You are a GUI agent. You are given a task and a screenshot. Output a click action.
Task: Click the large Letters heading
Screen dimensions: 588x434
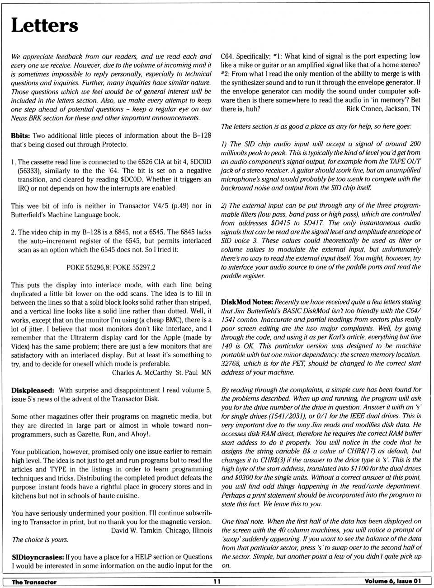(x=44, y=26)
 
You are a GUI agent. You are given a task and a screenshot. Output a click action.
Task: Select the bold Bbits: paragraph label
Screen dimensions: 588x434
(x=20, y=135)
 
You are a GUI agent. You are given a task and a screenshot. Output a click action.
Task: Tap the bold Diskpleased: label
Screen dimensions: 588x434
(x=33, y=390)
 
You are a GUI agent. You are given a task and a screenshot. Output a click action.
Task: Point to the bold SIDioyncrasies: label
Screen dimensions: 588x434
(x=38, y=557)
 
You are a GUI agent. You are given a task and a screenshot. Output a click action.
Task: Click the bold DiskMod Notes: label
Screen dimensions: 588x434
(x=247, y=302)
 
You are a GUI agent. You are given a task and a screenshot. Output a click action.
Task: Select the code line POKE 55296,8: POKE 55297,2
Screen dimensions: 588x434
(x=111, y=267)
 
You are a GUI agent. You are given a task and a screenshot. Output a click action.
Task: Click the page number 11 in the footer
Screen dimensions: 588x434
(x=217, y=582)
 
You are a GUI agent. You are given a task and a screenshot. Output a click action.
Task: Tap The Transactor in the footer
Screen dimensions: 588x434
(x=34, y=582)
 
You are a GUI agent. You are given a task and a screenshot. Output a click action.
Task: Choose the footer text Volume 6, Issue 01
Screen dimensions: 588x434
(x=392, y=582)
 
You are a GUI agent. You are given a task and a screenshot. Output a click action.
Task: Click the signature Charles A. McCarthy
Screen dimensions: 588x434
(x=142, y=373)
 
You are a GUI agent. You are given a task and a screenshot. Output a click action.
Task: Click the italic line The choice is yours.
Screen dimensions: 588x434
(x=40, y=540)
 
